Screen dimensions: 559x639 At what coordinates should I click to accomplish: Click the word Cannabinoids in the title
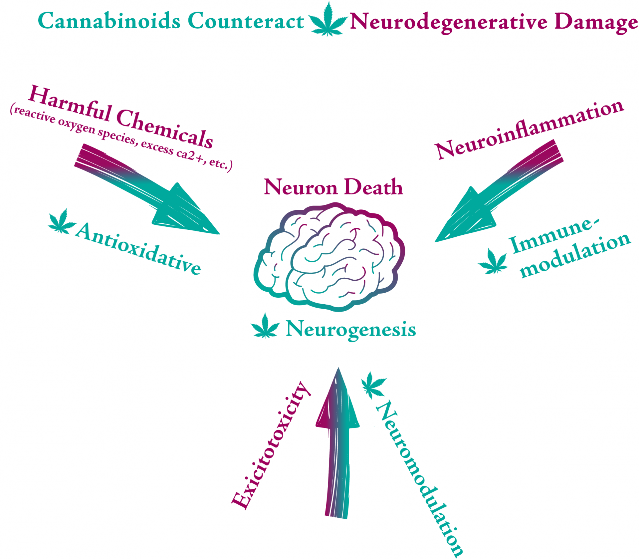(x=109, y=21)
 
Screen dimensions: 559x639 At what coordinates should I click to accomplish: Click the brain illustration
(x=329, y=256)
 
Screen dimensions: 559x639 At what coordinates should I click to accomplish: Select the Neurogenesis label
(x=351, y=329)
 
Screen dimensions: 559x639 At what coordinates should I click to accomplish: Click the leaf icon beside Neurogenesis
(x=265, y=326)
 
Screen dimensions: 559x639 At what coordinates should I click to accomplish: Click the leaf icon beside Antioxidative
(x=62, y=222)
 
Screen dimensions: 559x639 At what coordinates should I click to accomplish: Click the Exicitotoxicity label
(x=271, y=446)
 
